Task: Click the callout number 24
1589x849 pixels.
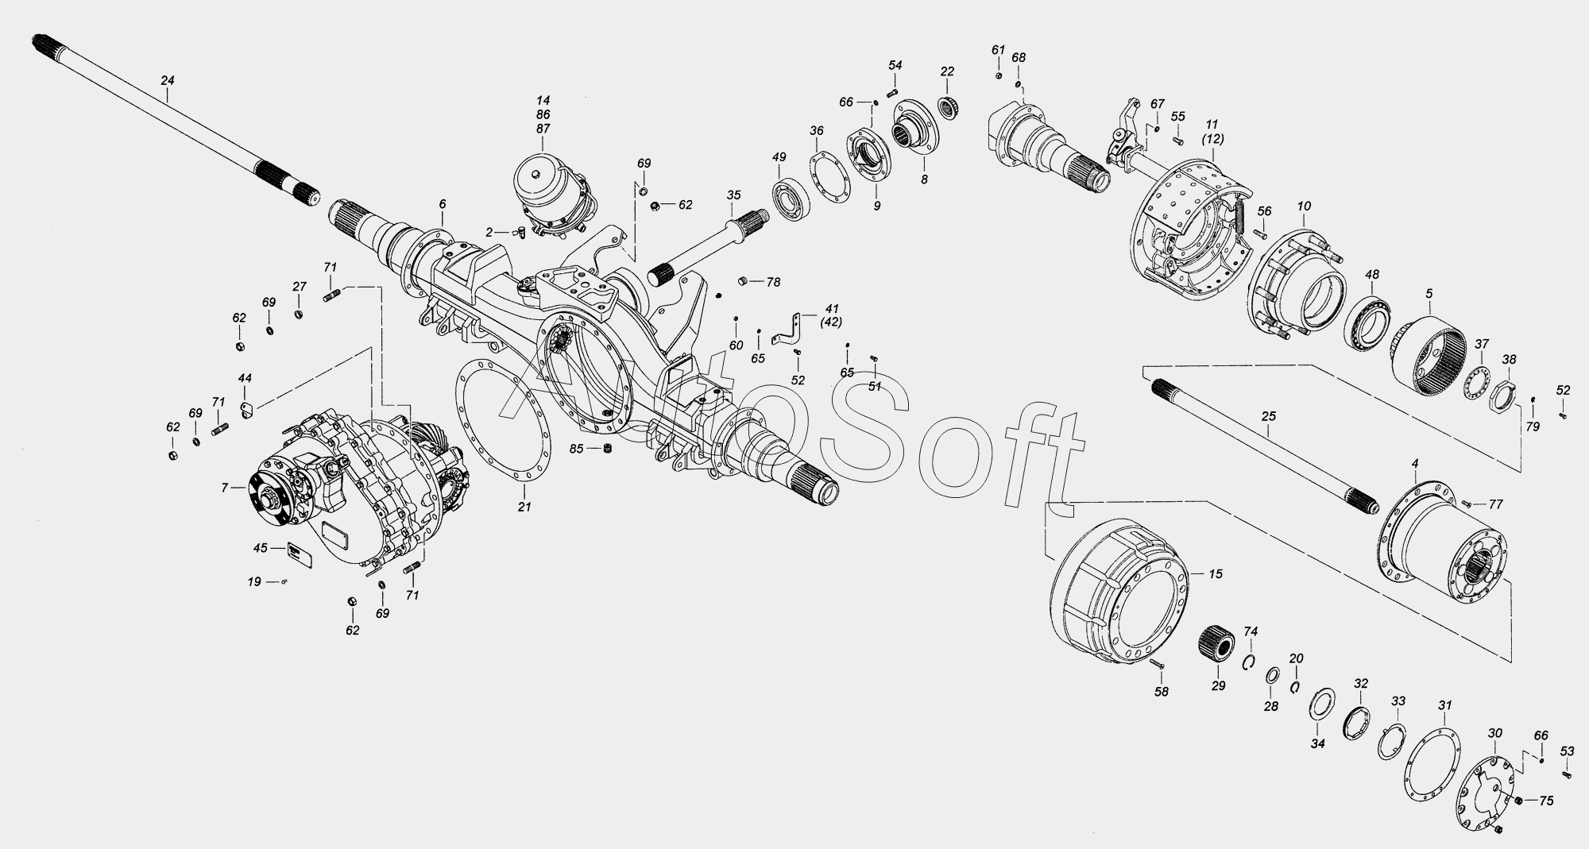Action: point(168,80)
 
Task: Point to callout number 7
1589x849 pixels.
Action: point(225,487)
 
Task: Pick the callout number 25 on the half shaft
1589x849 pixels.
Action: point(1268,415)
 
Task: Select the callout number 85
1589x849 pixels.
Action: point(577,449)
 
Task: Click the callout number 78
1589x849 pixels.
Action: point(773,282)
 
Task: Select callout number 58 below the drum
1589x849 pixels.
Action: point(1161,692)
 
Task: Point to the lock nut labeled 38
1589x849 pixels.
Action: point(1504,394)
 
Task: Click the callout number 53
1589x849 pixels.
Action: point(1566,751)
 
